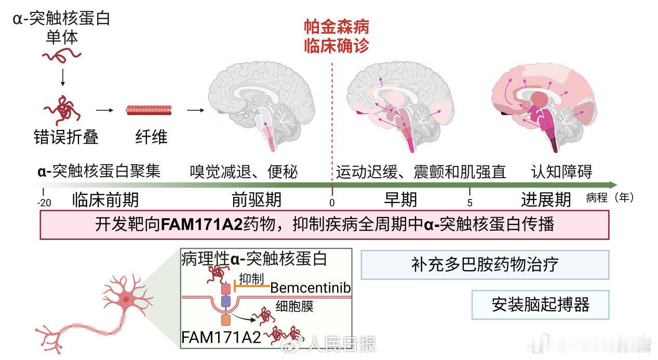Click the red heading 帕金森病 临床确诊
[337, 36]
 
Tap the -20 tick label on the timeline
[44, 203]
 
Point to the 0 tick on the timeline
[332, 203]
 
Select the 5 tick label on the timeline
[469, 203]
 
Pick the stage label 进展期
[546, 199]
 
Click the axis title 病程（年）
[609, 198]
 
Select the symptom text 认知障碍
[561, 171]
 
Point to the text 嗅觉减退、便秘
[244, 171]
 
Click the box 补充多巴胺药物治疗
[484, 264]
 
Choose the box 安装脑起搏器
[540, 304]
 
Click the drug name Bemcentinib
[311, 287]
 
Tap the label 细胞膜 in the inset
[295, 307]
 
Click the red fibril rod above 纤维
[149, 110]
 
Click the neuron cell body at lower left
[126, 298]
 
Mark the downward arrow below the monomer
[63, 76]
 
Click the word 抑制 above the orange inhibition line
[251, 278]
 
